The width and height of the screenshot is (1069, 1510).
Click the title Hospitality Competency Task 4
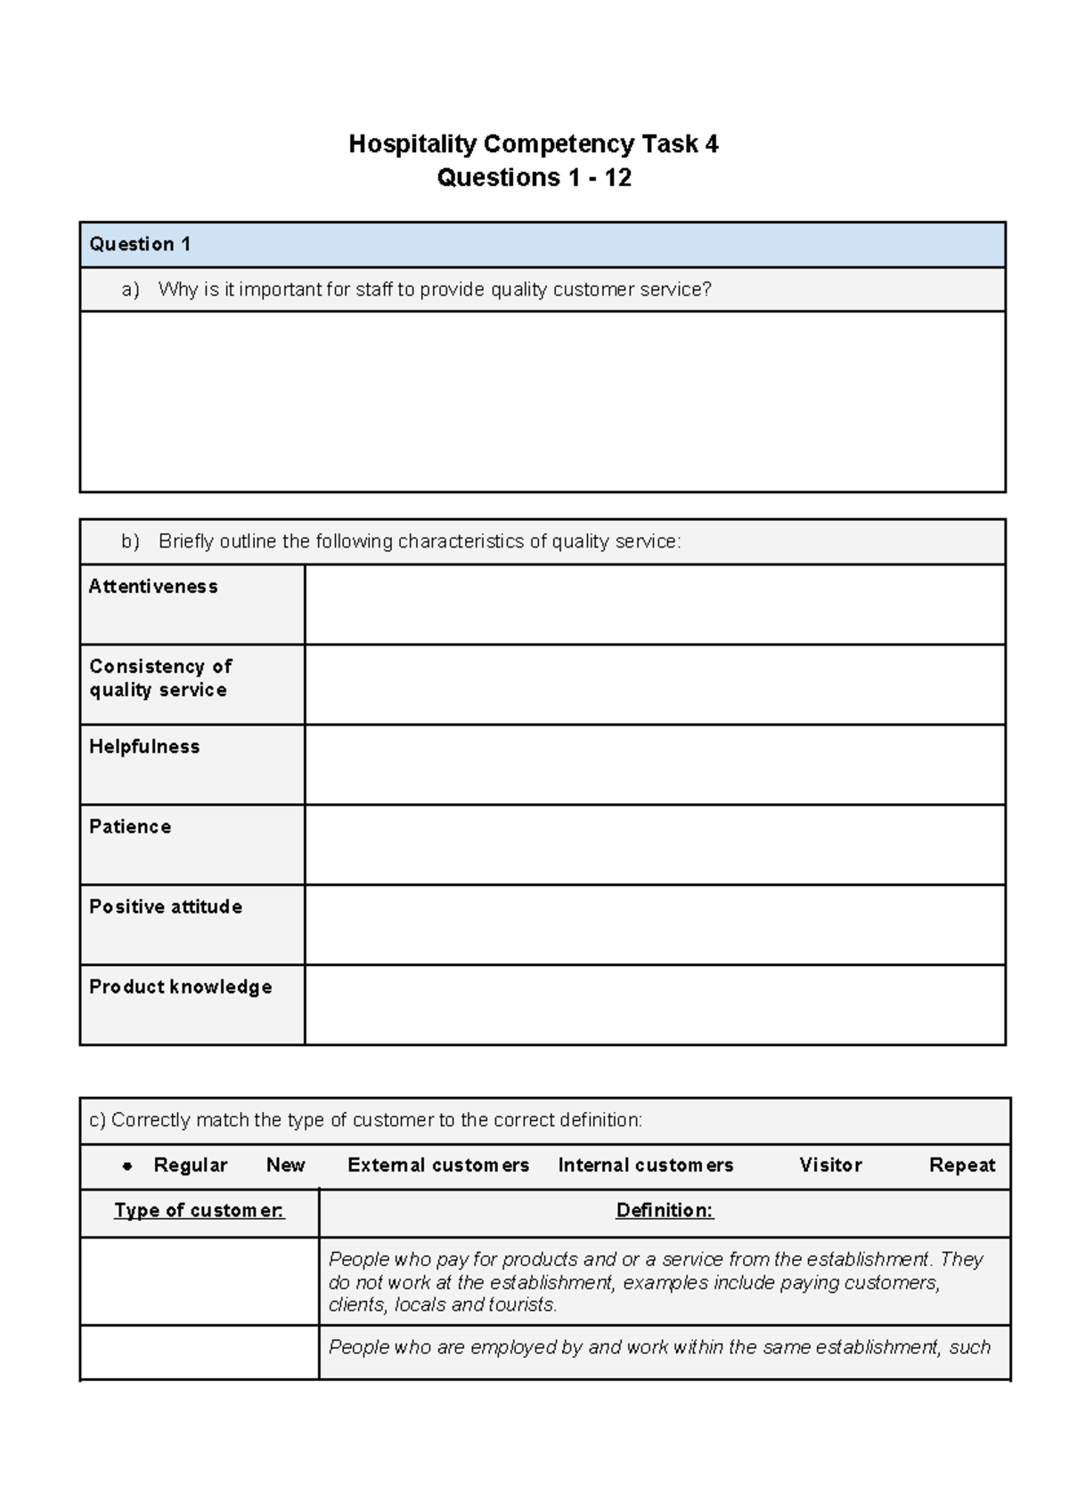(533, 144)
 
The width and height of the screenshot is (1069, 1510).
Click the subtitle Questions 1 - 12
(534, 178)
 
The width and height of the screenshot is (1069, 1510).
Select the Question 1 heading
(140, 244)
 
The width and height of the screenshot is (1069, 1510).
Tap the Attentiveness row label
(153, 587)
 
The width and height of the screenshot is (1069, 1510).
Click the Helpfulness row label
(144, 747)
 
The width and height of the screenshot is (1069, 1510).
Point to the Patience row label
(130, 827)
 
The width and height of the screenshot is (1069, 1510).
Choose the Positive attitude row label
(166, 907)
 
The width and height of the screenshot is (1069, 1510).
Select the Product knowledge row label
(181, 987)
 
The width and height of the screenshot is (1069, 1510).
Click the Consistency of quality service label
(160, 678)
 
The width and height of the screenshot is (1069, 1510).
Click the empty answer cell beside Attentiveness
(655, 605)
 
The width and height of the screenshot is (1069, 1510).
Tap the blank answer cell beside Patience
(655, 845)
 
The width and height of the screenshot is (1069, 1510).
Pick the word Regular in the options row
(191, 1165)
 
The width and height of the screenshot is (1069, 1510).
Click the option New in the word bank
(286, 1165)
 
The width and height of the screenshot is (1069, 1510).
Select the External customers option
(438, 1165)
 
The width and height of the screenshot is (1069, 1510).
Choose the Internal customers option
(646, 1165)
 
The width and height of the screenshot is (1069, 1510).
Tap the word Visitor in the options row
(830, 1165)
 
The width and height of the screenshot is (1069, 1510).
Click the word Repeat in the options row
(962, 1165)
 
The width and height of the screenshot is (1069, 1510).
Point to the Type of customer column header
(200, 1211)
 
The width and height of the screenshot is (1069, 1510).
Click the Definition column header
(665, 1211)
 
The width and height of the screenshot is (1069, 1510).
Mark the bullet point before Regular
(127, 1166)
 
